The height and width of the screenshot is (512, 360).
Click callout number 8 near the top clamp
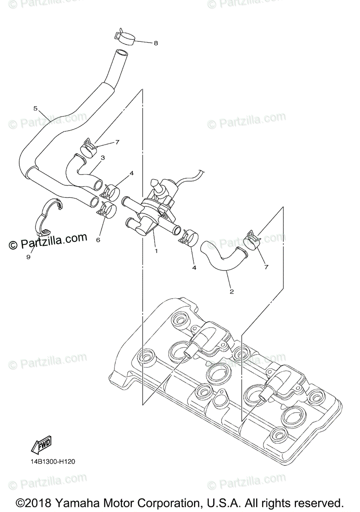155,43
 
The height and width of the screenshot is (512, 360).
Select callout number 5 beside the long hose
35,108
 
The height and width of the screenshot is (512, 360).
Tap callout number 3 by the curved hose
102,158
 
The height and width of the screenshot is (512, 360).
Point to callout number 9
28,257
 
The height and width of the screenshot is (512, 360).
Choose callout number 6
98,240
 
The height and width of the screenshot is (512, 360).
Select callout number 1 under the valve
156,251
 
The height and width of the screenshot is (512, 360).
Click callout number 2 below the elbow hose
231,292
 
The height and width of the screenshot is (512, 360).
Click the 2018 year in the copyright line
39,502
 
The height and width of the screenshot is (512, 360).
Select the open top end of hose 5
122,54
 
